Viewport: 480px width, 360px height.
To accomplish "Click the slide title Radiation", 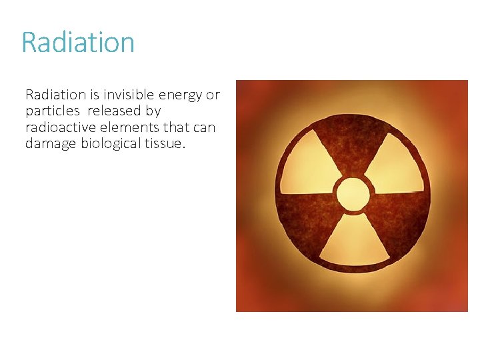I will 78,43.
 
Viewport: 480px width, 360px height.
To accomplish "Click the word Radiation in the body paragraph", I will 57,95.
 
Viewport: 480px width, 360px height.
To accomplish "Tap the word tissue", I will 165,143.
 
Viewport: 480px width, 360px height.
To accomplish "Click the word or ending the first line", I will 213,95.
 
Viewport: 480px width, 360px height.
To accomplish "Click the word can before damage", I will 204,127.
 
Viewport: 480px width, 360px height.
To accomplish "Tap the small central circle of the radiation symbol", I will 353,194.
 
